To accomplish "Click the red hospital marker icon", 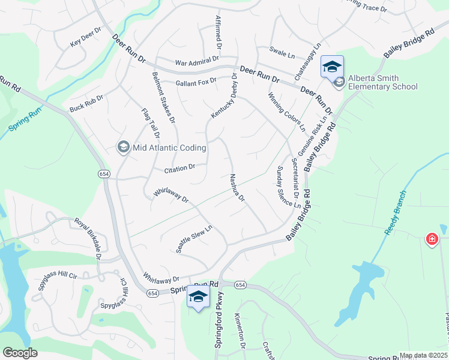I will pos(432,239).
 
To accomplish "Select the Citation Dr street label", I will pos(180,169).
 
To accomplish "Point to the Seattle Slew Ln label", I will pos(194,238).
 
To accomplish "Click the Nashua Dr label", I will pos(237,188).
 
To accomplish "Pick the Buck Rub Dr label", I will pos(86,103).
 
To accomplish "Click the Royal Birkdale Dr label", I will pos(88,238).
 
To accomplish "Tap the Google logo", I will pos(20,353).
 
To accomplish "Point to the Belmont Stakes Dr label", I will pos(163,97).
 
